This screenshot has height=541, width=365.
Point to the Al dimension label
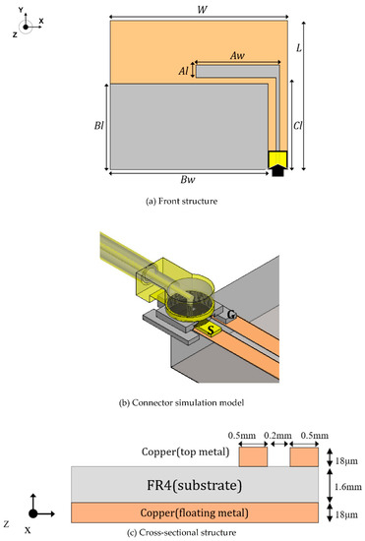point(183,71)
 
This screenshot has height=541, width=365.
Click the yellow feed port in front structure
point(278,157)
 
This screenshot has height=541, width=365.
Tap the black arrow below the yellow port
point(278,171)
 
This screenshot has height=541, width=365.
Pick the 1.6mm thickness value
point(343,484)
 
